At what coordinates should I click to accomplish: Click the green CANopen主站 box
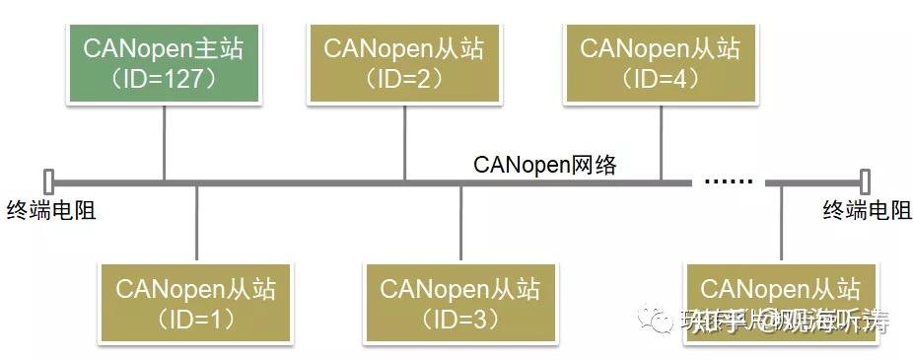point(164,61)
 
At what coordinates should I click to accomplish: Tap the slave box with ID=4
point(660,61)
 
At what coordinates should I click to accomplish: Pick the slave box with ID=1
point(196,304)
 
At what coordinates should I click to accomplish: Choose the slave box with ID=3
point(460,304)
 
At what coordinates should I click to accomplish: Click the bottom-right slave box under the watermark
point(780,304)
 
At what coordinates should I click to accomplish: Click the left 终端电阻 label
point(50,209)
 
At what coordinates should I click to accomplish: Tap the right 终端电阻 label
point(867,209)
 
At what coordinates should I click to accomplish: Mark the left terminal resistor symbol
point(48,182)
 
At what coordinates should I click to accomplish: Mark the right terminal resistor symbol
point(865,182)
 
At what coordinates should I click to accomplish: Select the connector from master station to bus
point(164,142)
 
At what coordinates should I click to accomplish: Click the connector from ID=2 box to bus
point(404,142)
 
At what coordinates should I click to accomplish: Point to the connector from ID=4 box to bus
point(661,142)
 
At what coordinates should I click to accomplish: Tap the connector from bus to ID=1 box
point(197,222)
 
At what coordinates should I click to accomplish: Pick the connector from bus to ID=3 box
point(461,222)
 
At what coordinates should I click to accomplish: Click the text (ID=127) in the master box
point(164,78)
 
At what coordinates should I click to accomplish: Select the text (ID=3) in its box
point(460,320)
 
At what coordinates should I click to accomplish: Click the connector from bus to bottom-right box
point(781,222)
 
